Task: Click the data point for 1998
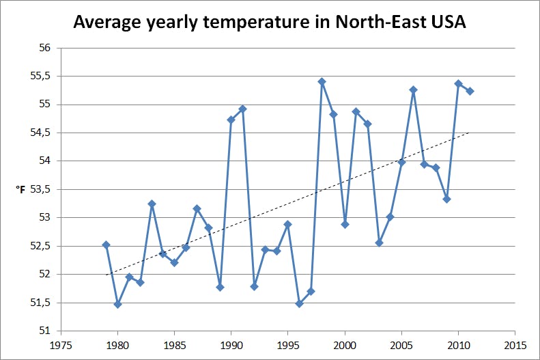click(x=322, y=81)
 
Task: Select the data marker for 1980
click(x=117, y=304)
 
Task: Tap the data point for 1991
click(x=242, y=109)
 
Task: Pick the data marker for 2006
click(x=413, y=89)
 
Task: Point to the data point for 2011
click(x=470, y=92)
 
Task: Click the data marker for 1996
click(x=299, y=303)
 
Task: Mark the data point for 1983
click(x=152, y=204)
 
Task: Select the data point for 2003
click(x=379, y=243)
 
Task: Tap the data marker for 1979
click(x=106, y=245)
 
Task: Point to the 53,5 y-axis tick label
click(x=40, y=189)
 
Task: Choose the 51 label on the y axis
click(x=45, y=331)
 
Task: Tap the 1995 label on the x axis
click(x=288, y=345)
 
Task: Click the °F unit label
click(x=20, y=189)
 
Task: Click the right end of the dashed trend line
click(x=470, y=133)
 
